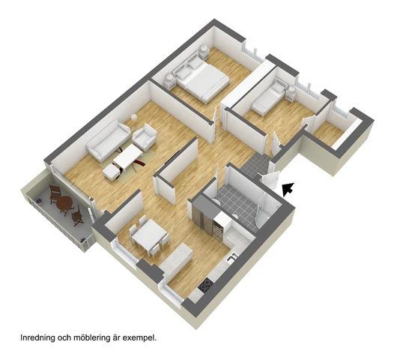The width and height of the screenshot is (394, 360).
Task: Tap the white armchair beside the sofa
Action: pos(145,136)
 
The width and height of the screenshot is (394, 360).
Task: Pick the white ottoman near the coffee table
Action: pos(112,172)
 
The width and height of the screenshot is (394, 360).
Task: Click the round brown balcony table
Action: pos(64,202)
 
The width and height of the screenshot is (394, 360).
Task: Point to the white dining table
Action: pos(148,235)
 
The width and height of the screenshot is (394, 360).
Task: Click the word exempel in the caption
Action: pos(140,338)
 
